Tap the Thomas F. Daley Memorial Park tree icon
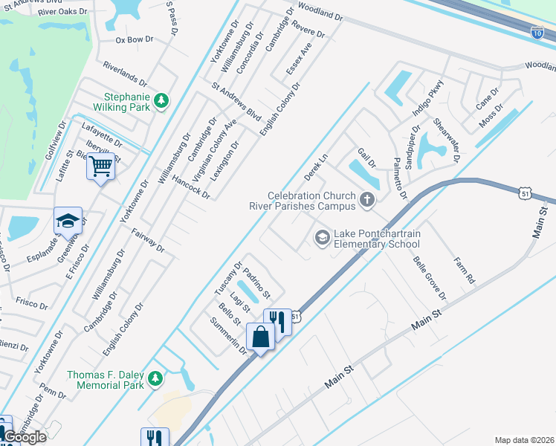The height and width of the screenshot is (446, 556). point(155,379)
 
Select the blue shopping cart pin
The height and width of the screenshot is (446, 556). point(100,166)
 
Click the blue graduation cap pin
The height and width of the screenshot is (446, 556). point(67,221)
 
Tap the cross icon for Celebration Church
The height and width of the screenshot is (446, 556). point(366,199)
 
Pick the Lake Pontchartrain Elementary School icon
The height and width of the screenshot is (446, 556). point(322,237)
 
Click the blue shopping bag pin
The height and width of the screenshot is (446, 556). point(262,337)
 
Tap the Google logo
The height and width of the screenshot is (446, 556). point(25,437)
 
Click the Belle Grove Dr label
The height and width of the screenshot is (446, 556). point(429,277)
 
